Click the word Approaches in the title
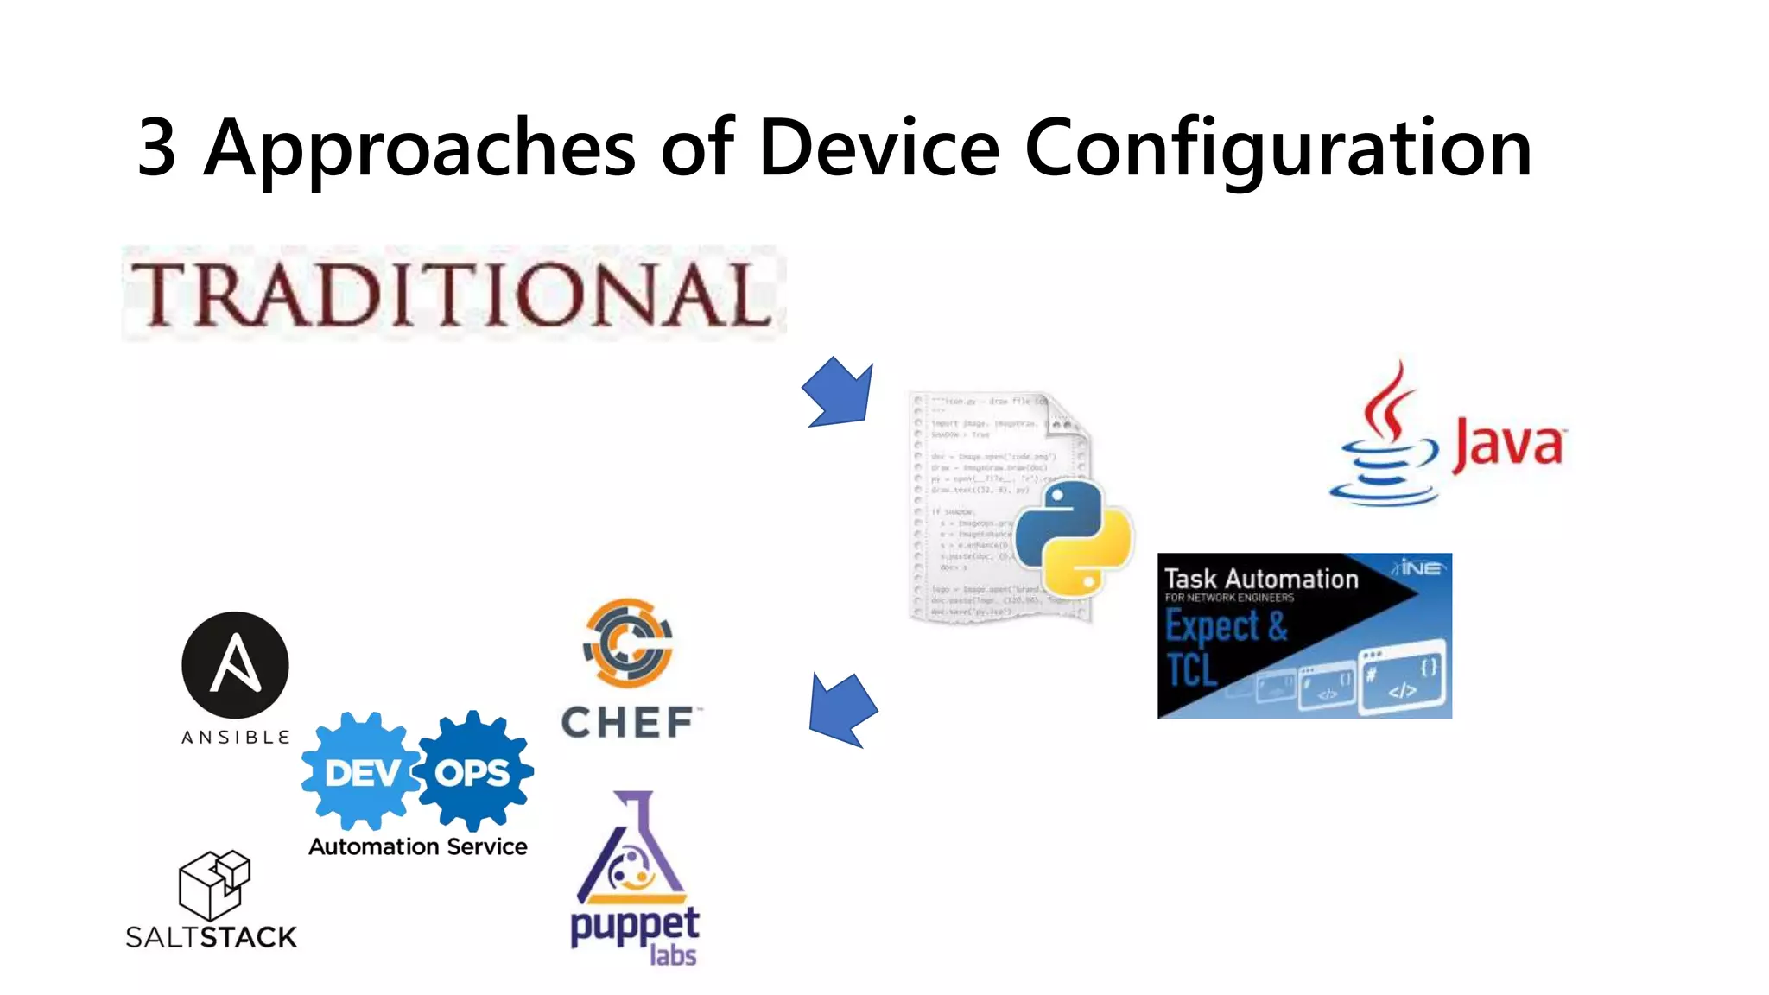[420, 149]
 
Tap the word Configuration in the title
[1278, 149]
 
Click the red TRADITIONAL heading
[452, 295]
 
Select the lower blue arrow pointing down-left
[841, 709]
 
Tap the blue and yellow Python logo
[1073, 537]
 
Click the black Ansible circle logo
[235, 665]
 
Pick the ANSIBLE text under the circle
[235, 737]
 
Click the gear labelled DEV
[361, 771]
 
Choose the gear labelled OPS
[473, 771]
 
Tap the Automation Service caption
[418, 846]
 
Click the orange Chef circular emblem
[628, 643]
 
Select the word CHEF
[628, 722]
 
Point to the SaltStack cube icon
[214, 884]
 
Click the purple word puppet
[635, 926]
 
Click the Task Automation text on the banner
[1261, 579]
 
